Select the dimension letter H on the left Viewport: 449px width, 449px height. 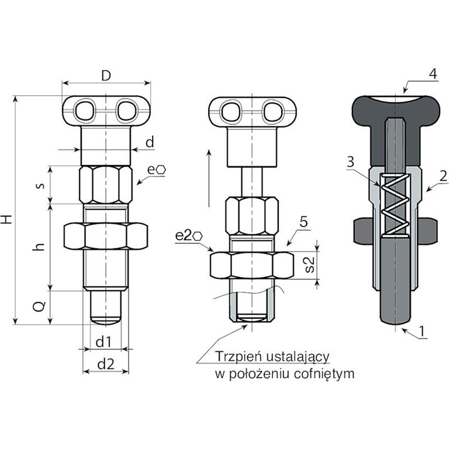(x=7, y=219)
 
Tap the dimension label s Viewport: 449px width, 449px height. (x=40, y=185)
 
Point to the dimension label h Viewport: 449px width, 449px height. (x=40, y=246)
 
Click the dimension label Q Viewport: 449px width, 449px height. (x=39, y=306)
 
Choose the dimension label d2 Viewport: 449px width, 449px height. (x=106, y=364)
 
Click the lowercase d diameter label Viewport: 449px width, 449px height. (x=150, y=141)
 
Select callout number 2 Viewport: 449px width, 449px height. (x=444, y=175)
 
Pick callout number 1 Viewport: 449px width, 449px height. (x=431, y=331)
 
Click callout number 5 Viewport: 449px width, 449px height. (x=303, y=222)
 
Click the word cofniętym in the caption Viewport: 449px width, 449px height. (x=324, y=374)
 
